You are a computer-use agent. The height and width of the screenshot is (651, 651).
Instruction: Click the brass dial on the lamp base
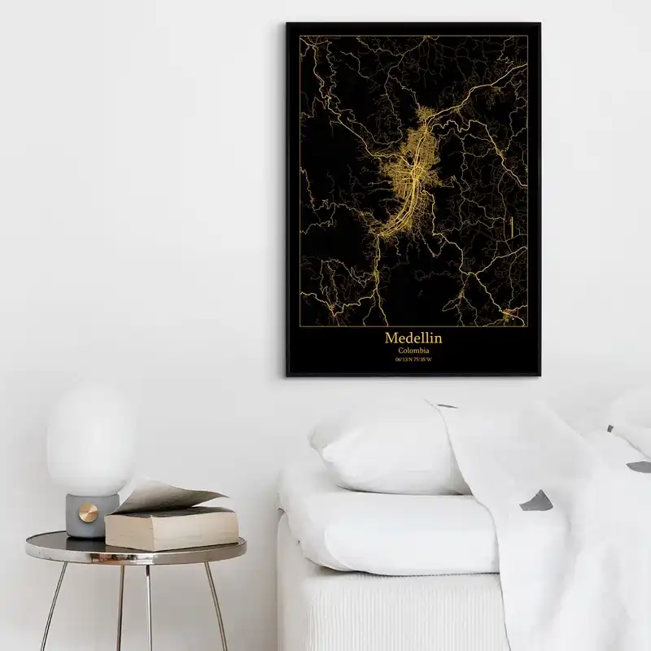tap(87, 512)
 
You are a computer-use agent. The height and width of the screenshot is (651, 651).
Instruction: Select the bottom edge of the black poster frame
tap(410, 377)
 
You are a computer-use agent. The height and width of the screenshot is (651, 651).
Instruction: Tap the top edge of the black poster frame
tap(410, 24)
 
